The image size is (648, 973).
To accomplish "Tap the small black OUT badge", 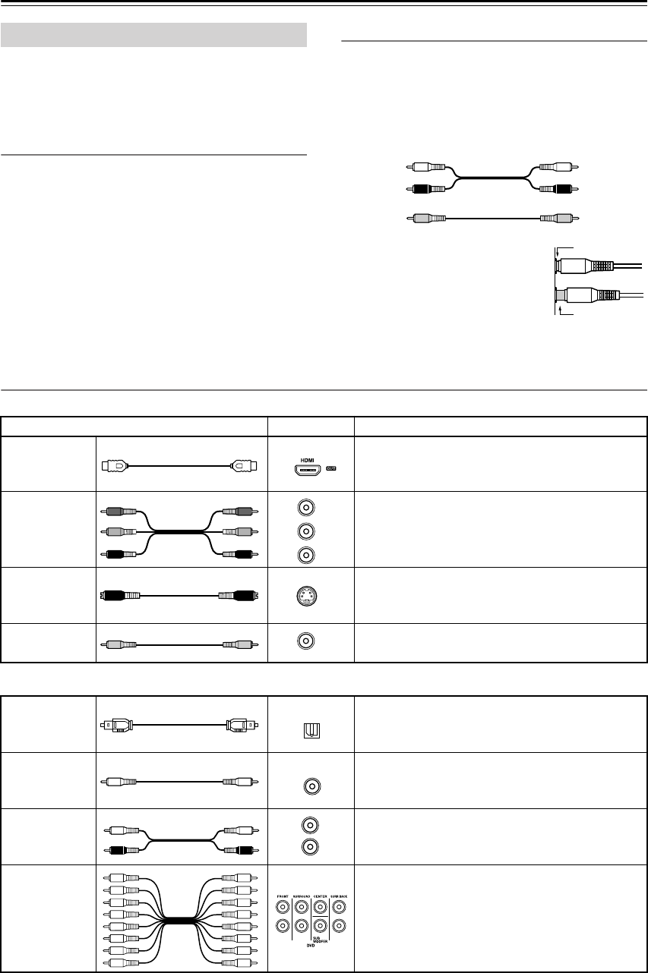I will point(331,468).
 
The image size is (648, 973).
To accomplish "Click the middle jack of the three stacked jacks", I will point(305,531).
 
